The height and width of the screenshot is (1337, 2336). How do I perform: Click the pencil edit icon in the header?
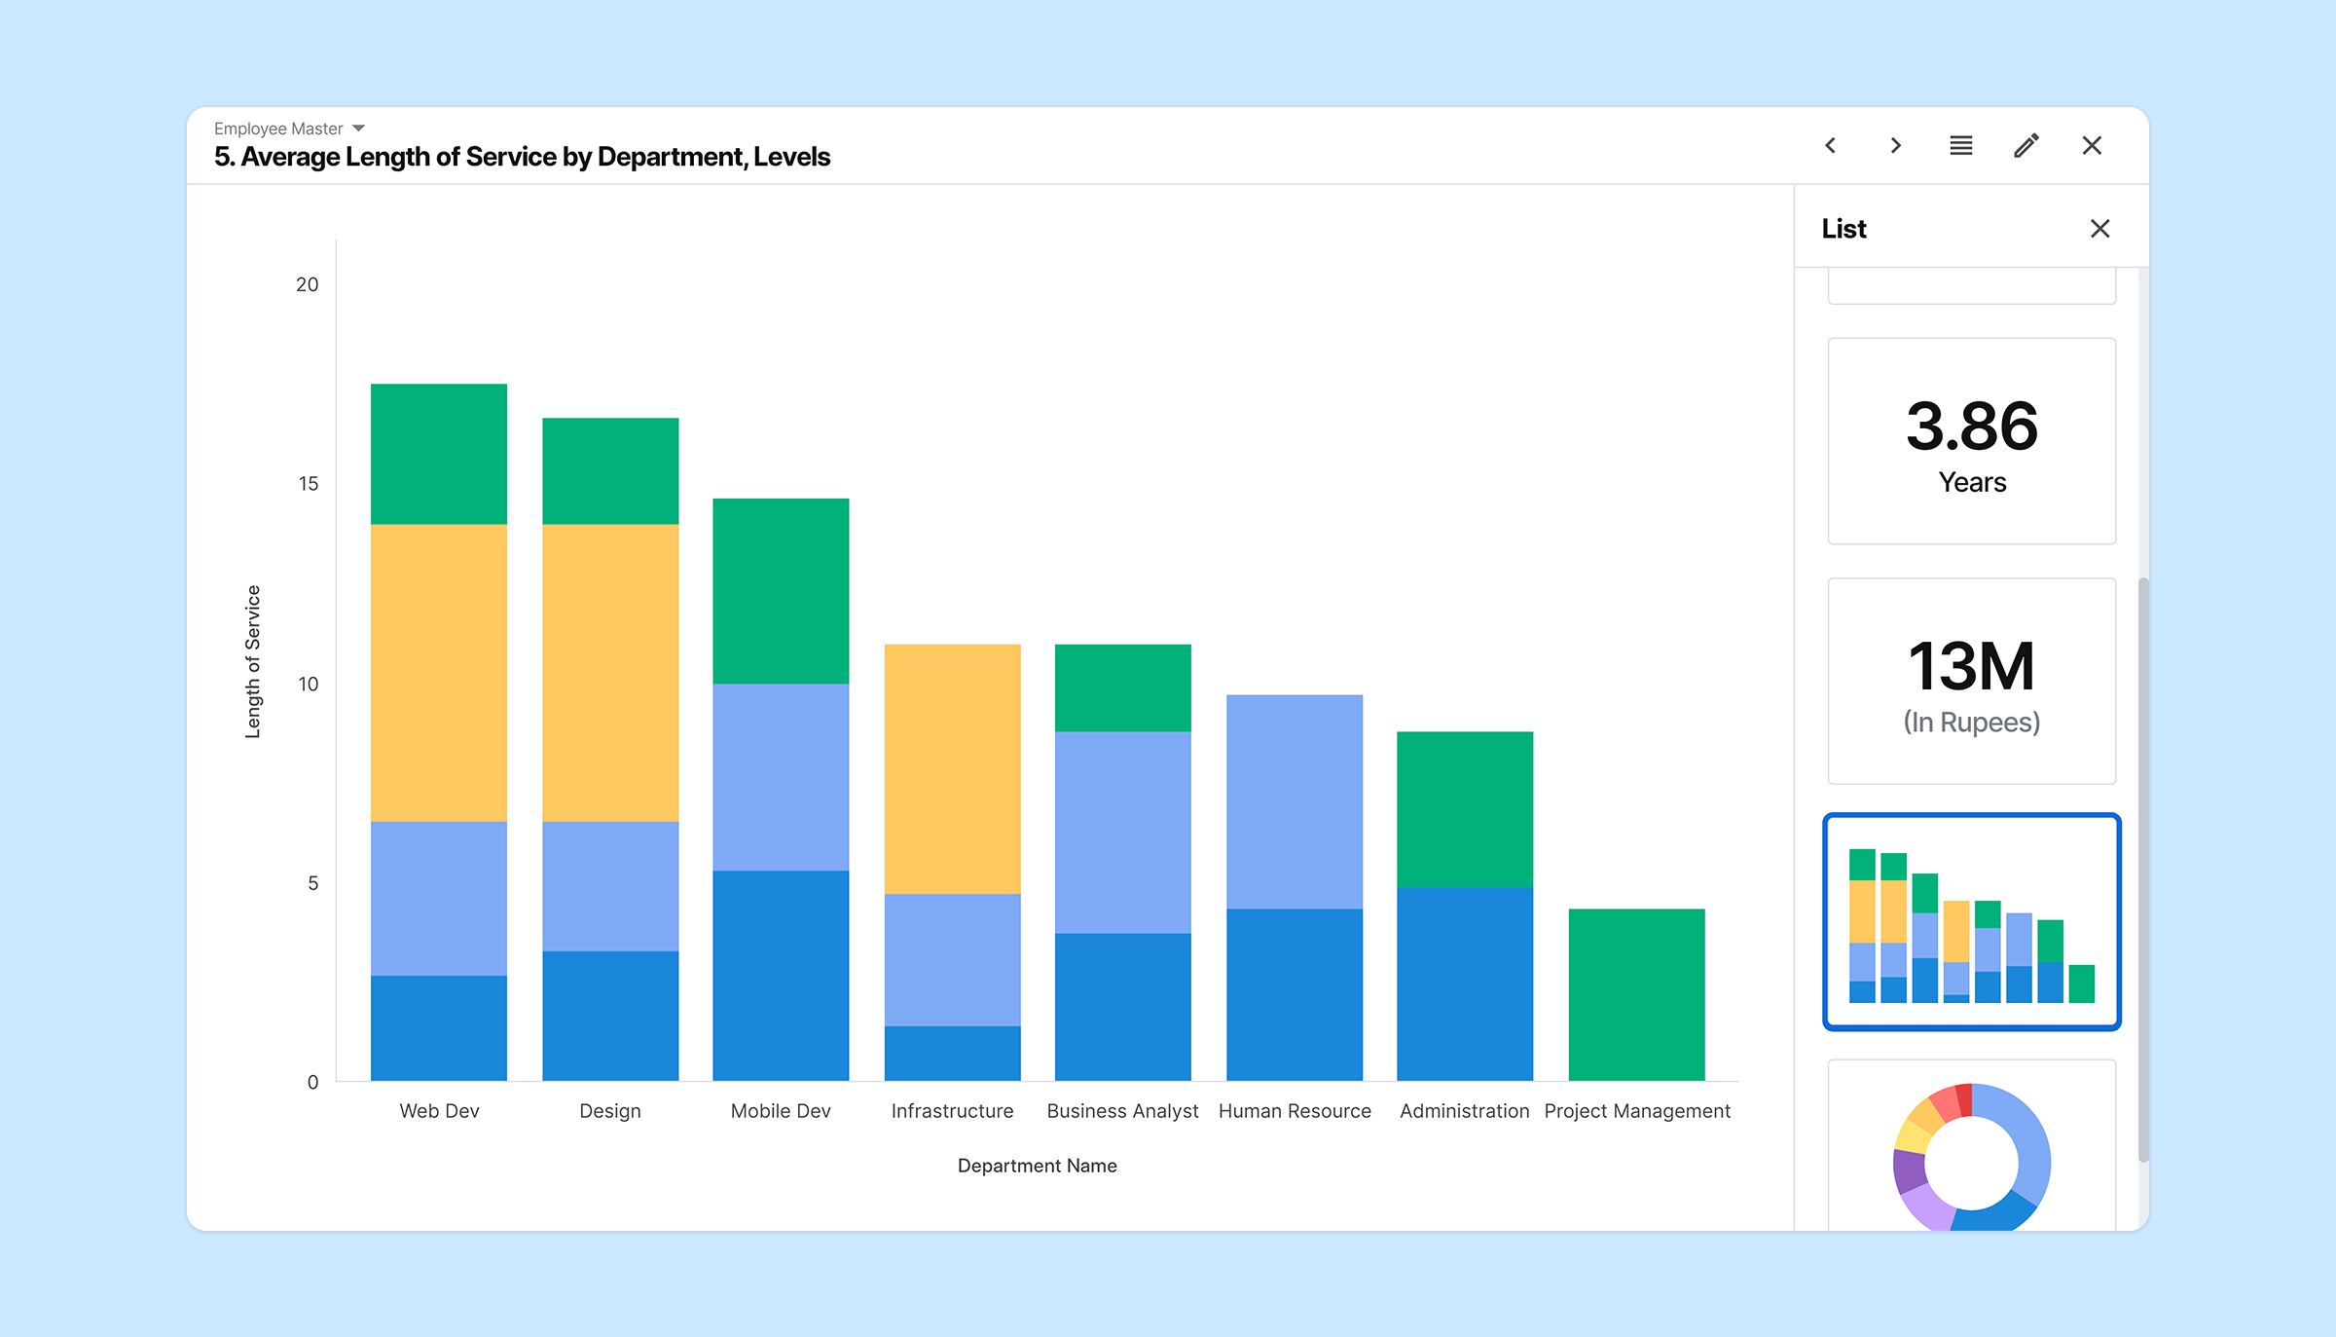tap(2026, 145)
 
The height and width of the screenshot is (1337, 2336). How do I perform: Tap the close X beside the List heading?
tap(2099, 229)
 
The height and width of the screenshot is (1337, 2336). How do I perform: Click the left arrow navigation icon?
tap(1830, 145)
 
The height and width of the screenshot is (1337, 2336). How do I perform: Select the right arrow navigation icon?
tap(1896, 145)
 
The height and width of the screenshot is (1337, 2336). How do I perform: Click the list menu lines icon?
tap(1961, 145)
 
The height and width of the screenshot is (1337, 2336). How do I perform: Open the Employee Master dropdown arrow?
tap(358, 129)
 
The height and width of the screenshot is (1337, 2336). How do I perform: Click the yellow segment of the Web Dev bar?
tap(439, 673)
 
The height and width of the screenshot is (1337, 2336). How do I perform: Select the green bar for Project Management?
tap(1636, 994)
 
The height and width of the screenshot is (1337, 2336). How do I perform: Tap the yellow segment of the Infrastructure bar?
tap(952, 769)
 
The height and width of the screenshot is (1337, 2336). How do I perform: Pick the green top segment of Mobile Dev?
tap(781, 591)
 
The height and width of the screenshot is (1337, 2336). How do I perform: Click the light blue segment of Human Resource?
tap(1295, 801)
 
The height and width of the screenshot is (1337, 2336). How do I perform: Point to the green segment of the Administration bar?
tap(1465, 809)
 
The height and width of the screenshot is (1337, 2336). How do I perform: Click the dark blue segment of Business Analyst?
tap(1123, 1007)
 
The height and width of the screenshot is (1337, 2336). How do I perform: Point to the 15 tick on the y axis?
tap(309, 484)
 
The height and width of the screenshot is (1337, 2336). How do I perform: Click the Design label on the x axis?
tap(610, 1111)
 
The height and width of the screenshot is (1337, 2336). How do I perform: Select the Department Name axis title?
tap(1038, 1166)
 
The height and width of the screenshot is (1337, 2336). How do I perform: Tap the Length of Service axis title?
tap(253, 661)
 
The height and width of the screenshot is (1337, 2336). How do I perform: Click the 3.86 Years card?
tap(1972, 441)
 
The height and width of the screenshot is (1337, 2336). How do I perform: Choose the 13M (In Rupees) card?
tap(1972, 682)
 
